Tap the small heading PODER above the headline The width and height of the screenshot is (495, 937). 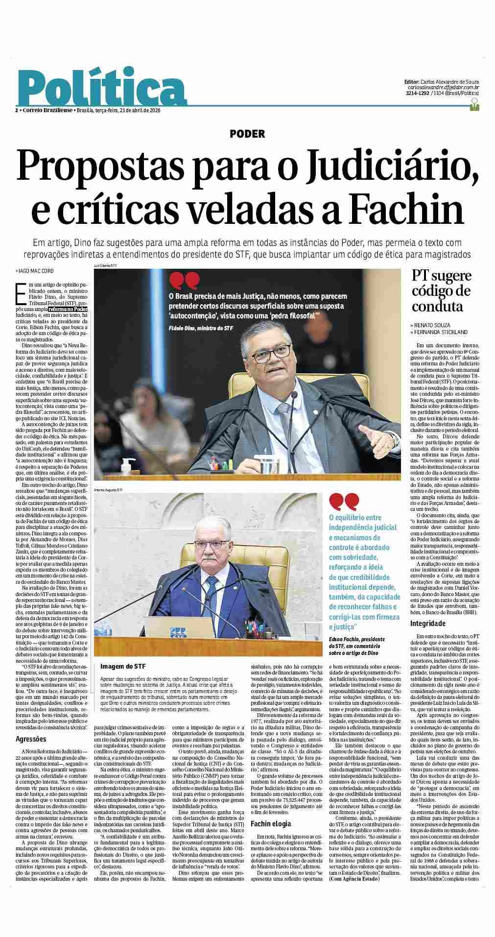(247, 134)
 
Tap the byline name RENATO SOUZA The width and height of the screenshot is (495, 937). (432, 325)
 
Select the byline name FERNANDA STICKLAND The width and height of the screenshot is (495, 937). (442, 332)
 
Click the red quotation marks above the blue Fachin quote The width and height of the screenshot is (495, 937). (344, 502)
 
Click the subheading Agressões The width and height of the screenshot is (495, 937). (31, 739)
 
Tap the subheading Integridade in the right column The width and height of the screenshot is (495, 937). (427, 623)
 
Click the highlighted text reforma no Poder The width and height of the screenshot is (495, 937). (68, 310)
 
